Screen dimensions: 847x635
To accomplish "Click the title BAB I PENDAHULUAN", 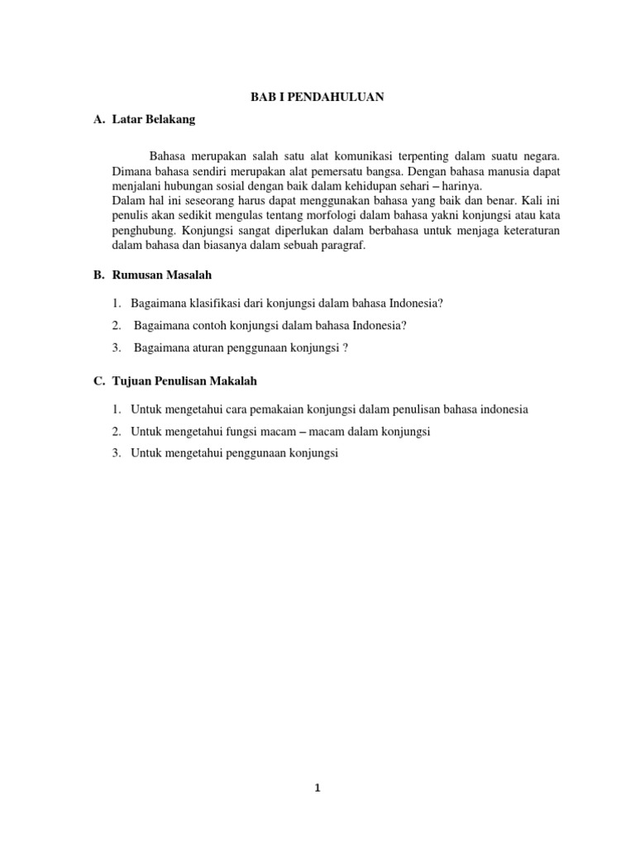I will (x=317, y=97).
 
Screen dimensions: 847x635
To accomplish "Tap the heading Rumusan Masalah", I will (x=162, y=274).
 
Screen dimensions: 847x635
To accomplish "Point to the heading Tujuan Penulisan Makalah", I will (x=184, y=380).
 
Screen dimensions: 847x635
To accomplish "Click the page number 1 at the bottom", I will (x=317, y=788).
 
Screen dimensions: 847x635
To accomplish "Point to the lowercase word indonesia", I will (x=504, y=409).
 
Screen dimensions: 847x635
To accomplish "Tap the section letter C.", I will (x=98, y=380).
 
